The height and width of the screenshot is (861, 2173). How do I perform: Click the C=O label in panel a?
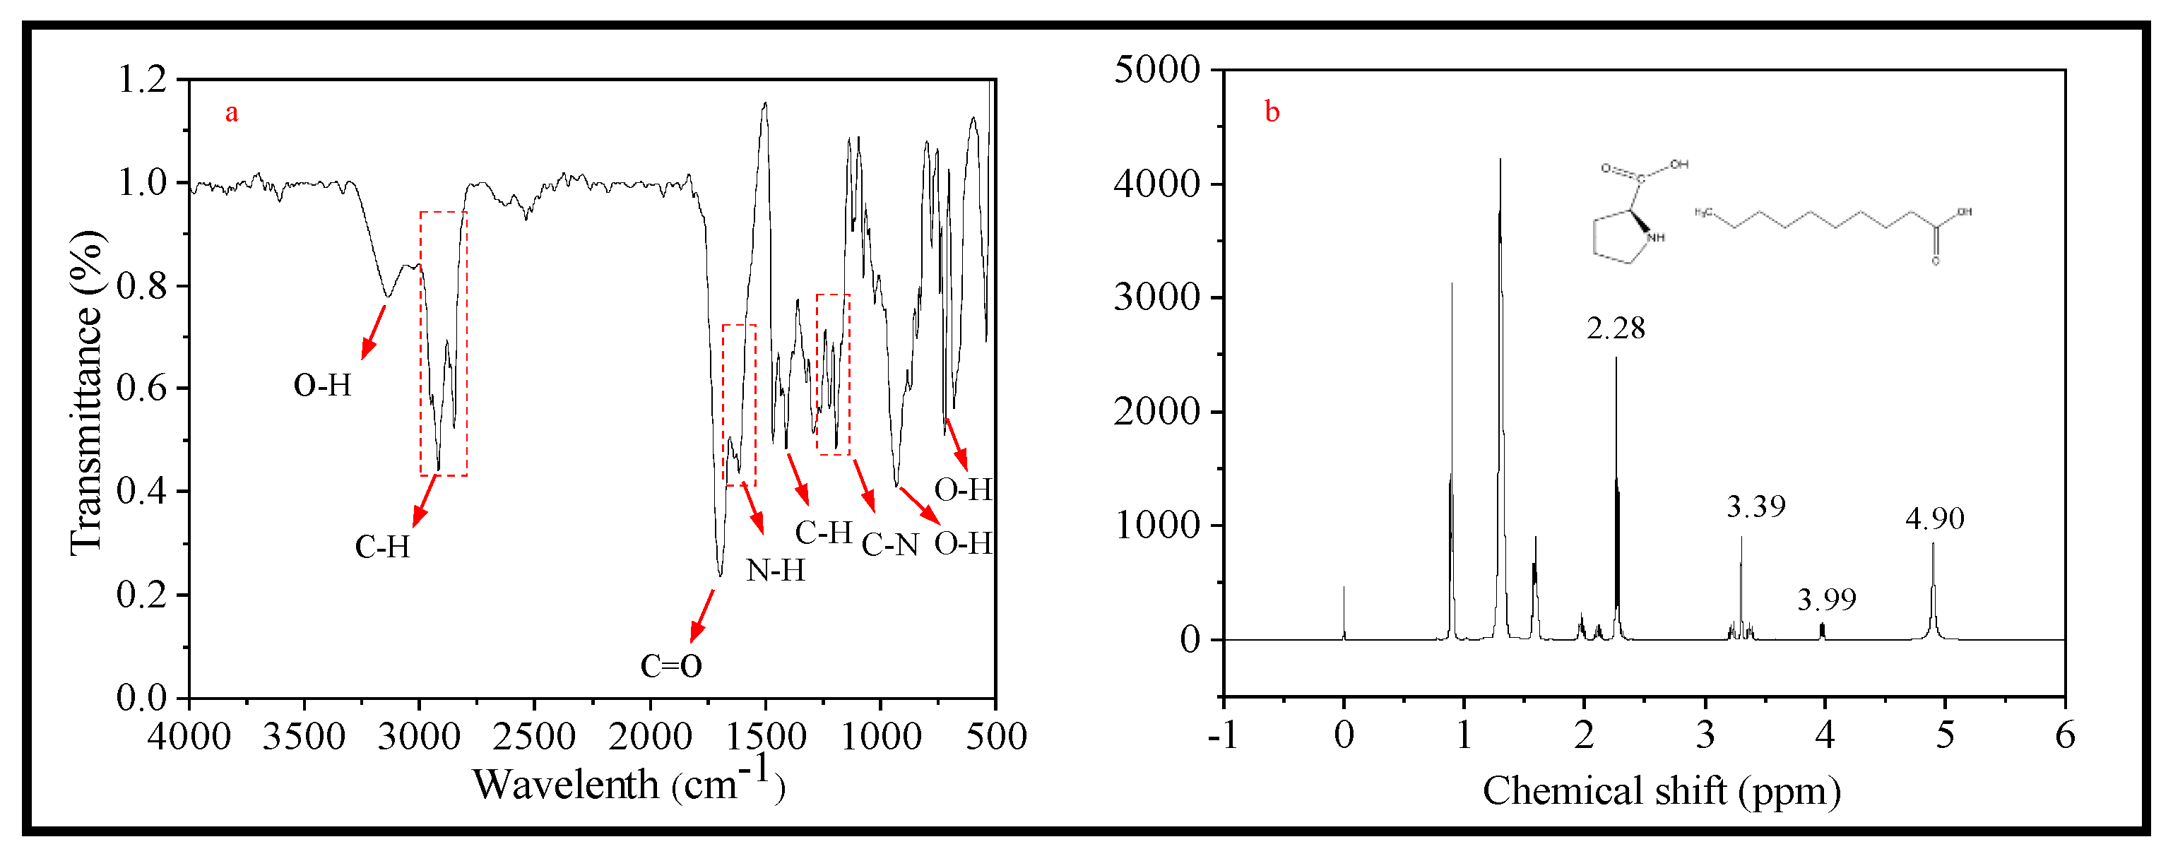tap(670, 666)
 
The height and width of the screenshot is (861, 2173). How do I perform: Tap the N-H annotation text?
tap(775, 571)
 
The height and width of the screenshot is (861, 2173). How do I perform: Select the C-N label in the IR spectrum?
tap(890, 545)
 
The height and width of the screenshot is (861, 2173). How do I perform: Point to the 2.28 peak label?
tap(1616, 328)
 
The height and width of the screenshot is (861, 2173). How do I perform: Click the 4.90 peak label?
tap(1934, 518)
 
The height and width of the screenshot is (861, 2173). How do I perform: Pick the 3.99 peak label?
tap(1826, 600)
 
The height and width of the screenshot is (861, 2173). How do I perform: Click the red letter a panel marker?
tap(231, 112)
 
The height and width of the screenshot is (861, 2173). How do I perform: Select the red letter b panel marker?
tap(1272, 112)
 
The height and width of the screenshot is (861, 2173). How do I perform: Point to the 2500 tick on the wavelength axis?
tap(534, 736)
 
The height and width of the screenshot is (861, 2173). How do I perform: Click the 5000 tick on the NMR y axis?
tap(1156, 69)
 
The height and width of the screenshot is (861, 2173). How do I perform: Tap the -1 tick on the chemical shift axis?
tap(1222, 735)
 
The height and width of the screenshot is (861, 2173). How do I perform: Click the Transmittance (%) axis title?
tap(87, 392)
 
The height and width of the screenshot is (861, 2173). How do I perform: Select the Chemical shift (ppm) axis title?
tap(1661, 791)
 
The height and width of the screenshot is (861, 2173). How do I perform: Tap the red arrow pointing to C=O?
tap(701, 616)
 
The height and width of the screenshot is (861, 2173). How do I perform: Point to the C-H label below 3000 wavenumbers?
tap(382, 547)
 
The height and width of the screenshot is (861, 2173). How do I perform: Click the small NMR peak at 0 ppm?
tap(1344, 614)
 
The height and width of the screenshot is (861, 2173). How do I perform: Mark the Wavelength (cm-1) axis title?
tap(629, 783)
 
